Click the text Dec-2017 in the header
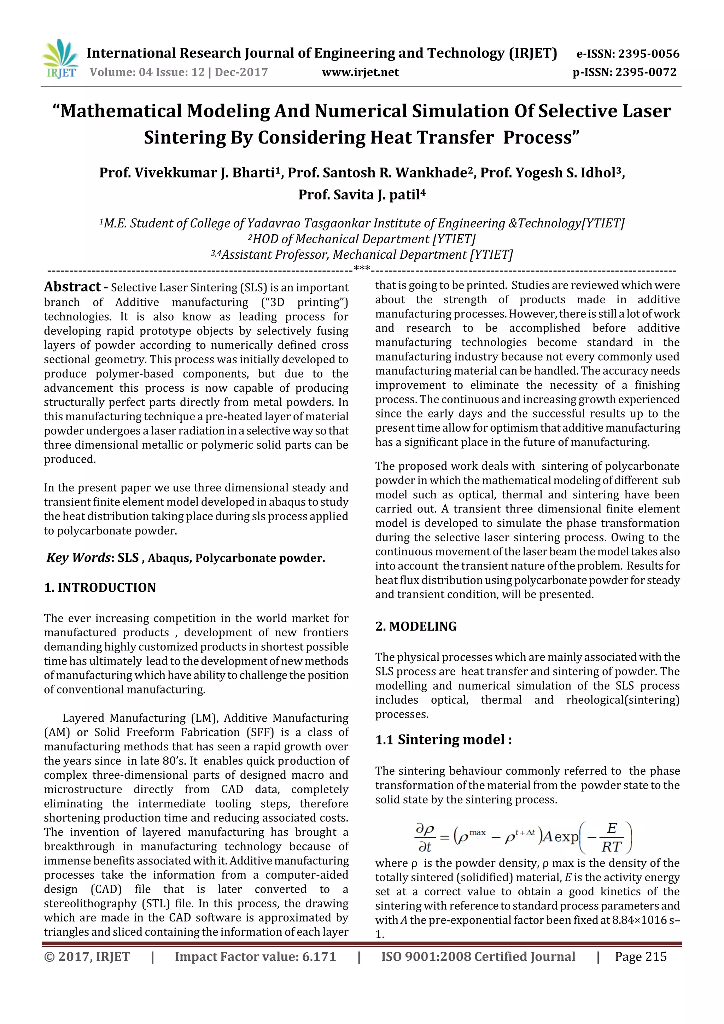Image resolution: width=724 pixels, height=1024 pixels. pyautogui.click(x=241, y=72)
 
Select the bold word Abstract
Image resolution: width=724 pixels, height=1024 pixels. pyautogui.click(x=72, y=287)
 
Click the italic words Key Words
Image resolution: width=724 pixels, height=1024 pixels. pyautogui.click(x=78, y=557)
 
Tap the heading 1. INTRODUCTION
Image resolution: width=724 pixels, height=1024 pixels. pyautogui.click(x=100, y=587)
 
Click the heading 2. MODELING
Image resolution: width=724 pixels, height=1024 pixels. pyautogui.click(x=415, y=626)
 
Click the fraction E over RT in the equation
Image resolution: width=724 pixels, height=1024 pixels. pyautogui.click(x=611, y=838)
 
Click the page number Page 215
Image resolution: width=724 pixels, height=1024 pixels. pyautogui.click(x=640, y=956)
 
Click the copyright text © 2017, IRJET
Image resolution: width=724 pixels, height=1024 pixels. pyautogui.click(x=87, y=956)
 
